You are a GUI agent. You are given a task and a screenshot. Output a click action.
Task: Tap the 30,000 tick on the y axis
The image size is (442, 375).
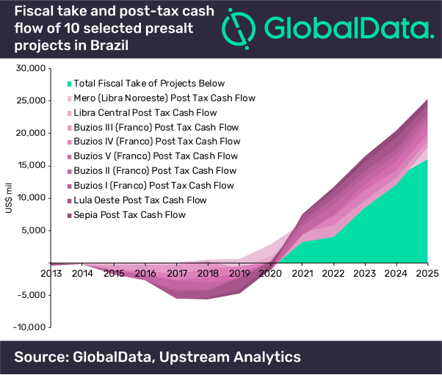pyautogui.click(x=31, y=69)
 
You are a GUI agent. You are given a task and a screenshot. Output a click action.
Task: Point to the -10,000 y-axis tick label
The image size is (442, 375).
pyautogui.click(x=29, y=327)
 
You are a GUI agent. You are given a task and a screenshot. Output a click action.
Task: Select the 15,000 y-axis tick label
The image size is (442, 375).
pyautogui.click(x=31, y=166)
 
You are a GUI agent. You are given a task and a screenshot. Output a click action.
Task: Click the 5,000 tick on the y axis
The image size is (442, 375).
pyautogui.click(x=34, y=230)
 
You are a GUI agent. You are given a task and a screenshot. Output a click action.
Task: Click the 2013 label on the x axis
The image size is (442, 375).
pyautogui.click(x=50, y=274)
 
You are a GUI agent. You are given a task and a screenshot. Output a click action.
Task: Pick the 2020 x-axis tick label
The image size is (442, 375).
pyautogui.click(x=270, y=274)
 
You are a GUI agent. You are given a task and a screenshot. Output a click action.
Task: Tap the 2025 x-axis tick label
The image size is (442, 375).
pyautogui.click(x=427, y=274)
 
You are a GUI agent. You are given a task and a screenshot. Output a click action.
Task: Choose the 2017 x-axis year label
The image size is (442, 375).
pyautogui.click(x=176, y=274)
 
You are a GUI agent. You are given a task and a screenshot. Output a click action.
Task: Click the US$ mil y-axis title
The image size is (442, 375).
pyautogui.click(x=9, y=198)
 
